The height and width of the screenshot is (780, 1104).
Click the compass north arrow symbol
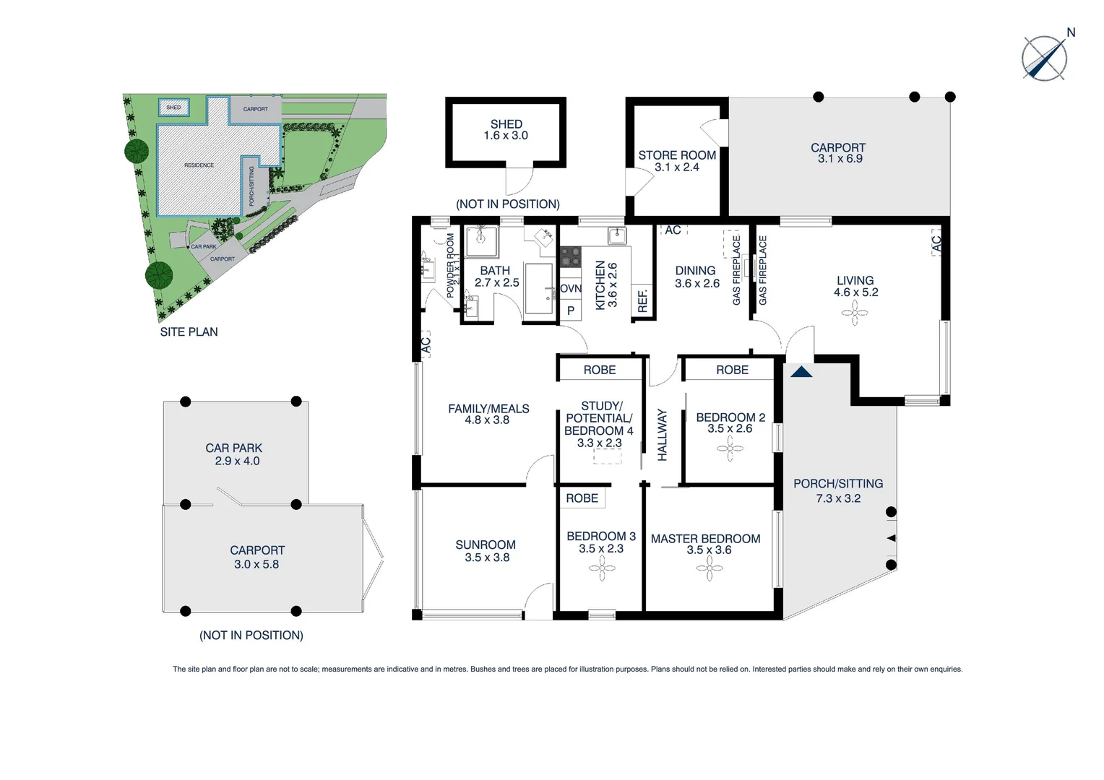click(1045, 58)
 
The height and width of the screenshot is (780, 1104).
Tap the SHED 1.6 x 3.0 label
click(506, 130)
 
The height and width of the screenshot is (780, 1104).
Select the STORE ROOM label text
click(677, 155)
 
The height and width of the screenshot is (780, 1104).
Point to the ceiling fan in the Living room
click(855, 313)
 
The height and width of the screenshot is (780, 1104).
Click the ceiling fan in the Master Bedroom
click(709, 568)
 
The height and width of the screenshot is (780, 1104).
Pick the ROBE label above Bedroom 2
click(732, 370)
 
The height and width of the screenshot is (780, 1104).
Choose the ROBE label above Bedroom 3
click(582, 498)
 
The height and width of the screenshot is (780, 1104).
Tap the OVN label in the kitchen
click(571, 289)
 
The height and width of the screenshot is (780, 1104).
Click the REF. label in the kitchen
click(643, 301)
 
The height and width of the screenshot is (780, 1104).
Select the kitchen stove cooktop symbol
click(571, 257)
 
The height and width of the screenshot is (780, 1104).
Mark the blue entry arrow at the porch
click(801, 372)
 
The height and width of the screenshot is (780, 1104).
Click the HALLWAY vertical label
click(663, 435)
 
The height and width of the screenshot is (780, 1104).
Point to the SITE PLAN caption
click(189, 332)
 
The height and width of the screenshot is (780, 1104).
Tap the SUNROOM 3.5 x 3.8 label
click(486, 551)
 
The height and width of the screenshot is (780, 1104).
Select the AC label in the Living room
click(936, 243)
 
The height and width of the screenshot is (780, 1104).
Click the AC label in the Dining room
click(673, 230)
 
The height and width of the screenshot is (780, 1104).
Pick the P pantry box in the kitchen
click(571, 311)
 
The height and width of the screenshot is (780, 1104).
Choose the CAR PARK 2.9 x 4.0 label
click(234, 454)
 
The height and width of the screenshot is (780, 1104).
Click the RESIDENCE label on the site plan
click(199, 165)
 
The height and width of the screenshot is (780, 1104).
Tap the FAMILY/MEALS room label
click(488, 414)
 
